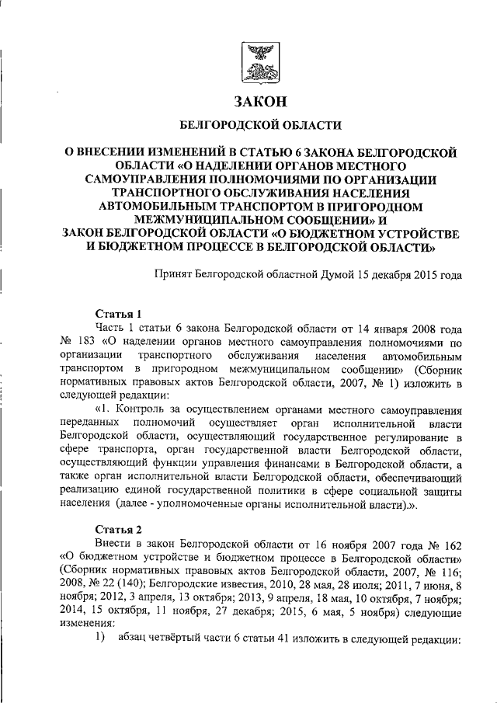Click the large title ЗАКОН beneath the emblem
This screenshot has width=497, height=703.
click(x=260, y=101)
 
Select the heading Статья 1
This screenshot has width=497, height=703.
click(x=118, y=315)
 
